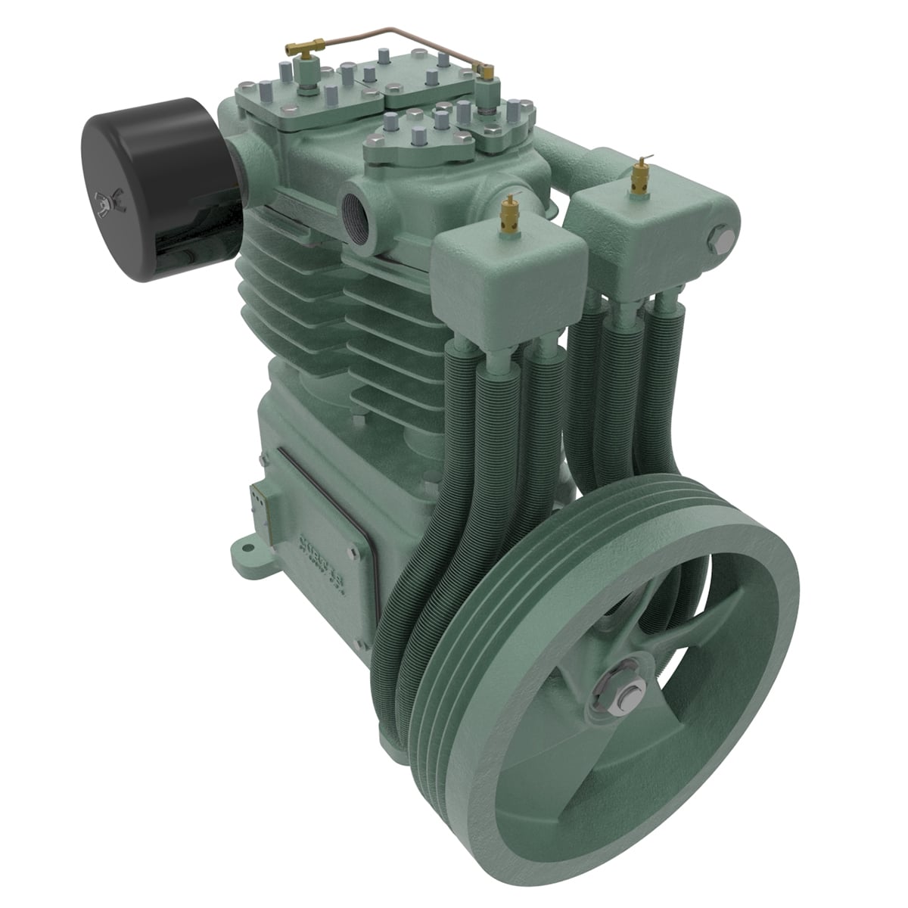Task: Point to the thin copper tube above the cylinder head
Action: [393, 34]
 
